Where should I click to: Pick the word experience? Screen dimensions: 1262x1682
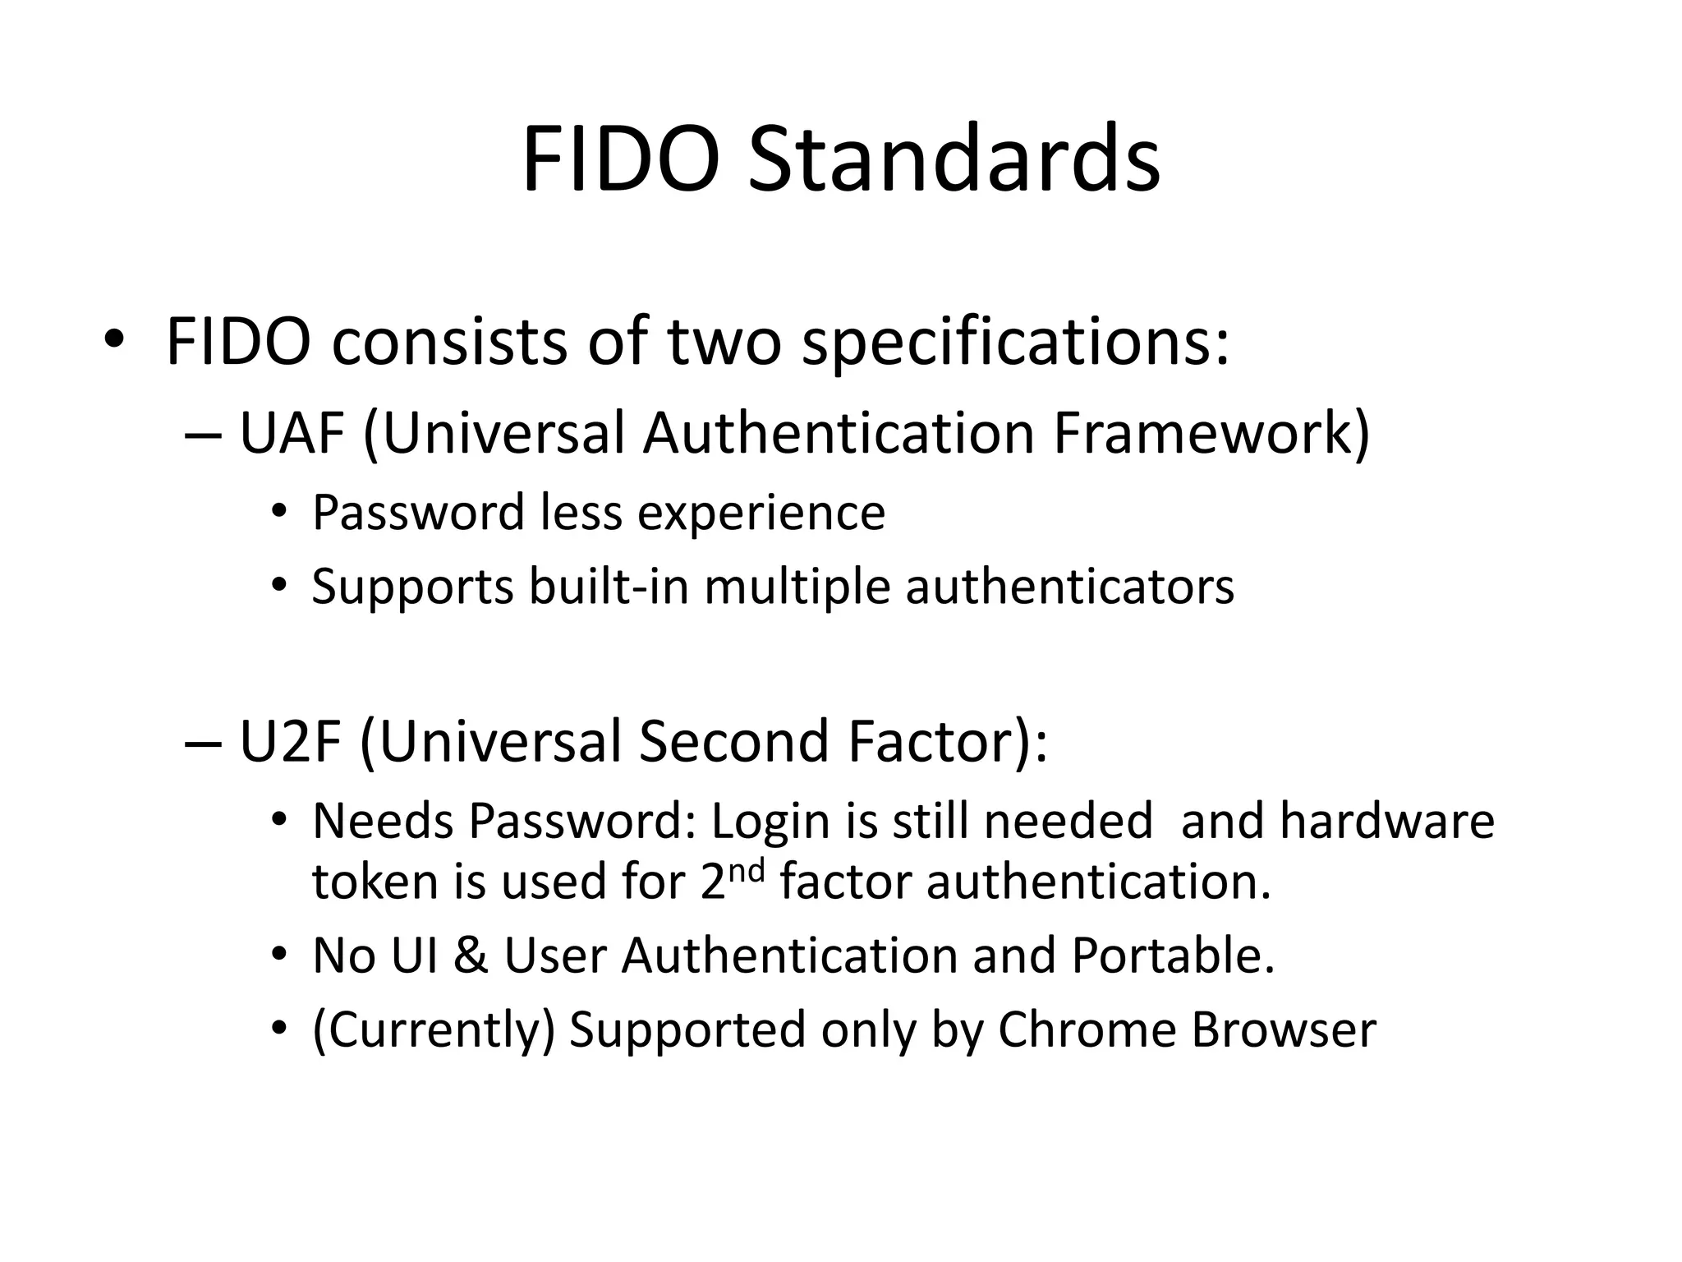click(761, 514)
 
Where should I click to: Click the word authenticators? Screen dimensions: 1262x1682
click(1069, 587)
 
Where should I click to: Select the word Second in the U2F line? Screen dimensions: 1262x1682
click(733, 741)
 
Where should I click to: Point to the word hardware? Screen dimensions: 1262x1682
click(1386, 822)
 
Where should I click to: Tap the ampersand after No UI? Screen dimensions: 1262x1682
click(470, 956)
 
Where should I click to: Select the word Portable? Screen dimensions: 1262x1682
click(1173, 956)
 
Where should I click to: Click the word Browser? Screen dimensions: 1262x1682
click(1283, 1030)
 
